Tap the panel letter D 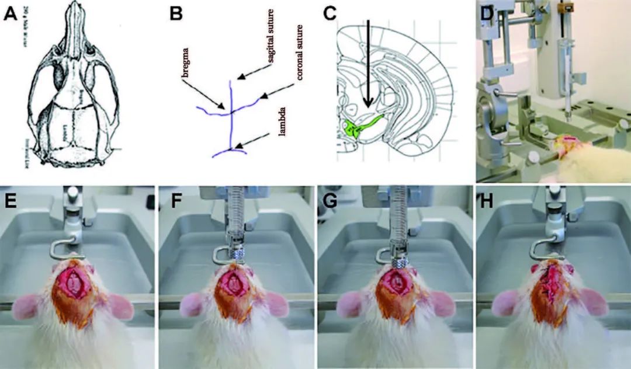coord(486,13)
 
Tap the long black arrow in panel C coord(368,64)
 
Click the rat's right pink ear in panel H coord(588,307)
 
